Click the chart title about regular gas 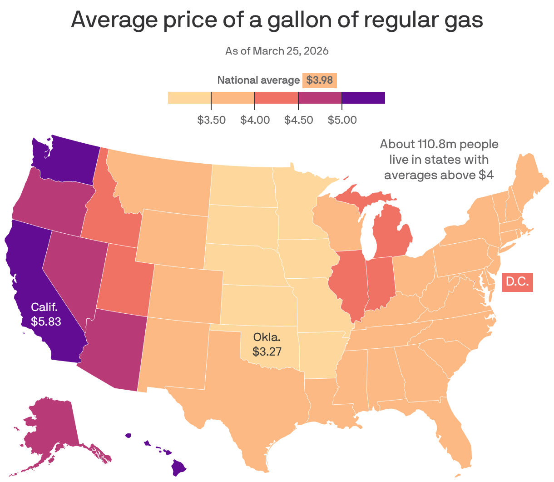pyautogui.click(x=277, y=20)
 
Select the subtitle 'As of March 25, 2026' pyautogui.click(x=277, y=50)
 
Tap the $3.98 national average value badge pyautogui.click(x=319, y=80)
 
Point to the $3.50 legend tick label pyautogui.click(x=211, y=120)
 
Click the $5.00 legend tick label pyautogui.click(x=342, y=120)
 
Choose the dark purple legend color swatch pyautogui.click(x=363, y=98)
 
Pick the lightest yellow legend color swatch pyautogui.click(x=189, y=98)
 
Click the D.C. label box pyautogui.click(x=517, y=281)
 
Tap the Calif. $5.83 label pyautogui.click(x=45, y=314)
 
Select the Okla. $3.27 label pyautogui.click(x=267, y=344)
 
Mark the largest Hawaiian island pyautogui.click(x=179, y=467)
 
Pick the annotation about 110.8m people pyautogui.click(x=439, y=159)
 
